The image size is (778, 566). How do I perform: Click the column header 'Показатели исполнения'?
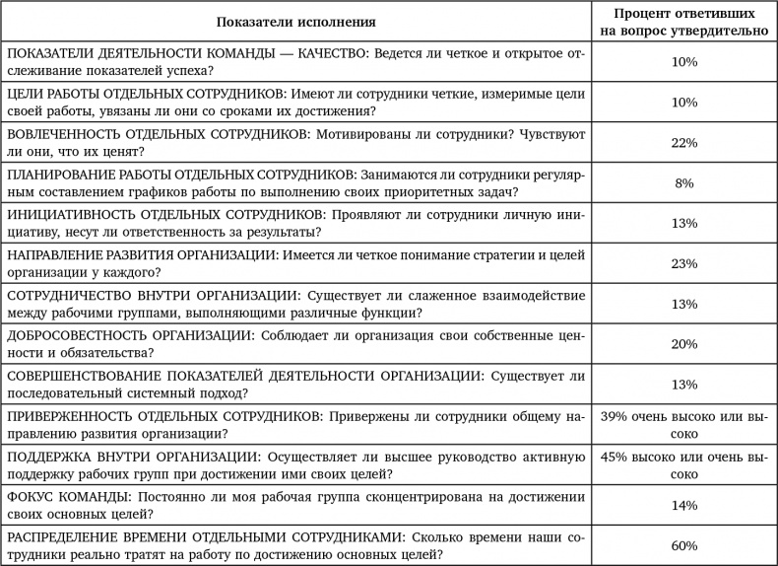pyautogui.click(x=296, y=21)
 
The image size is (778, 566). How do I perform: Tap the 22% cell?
pyautogui.click(x=684, y=143)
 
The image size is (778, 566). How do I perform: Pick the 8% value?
pyautogui.click(x=684, y=183)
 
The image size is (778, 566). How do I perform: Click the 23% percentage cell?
pyautogui.click(x=684, y=263)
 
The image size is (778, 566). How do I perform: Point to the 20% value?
pyautogui.click(x=684, y=344)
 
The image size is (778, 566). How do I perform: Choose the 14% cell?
pyautogui.click(x=684, y=505)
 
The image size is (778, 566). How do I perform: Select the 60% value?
pyautogui.click(x=684, y=545)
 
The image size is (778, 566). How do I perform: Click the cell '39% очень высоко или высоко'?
pyautogui.click(x=684, y=424)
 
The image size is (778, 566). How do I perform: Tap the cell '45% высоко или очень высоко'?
pyautogui.click(x=684, y=464)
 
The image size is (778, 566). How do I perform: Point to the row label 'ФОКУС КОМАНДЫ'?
pyautogui.click(x=67, y=496)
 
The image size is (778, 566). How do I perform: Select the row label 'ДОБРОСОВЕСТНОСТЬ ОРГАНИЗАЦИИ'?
pyautogui.click(x=126, y=335)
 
